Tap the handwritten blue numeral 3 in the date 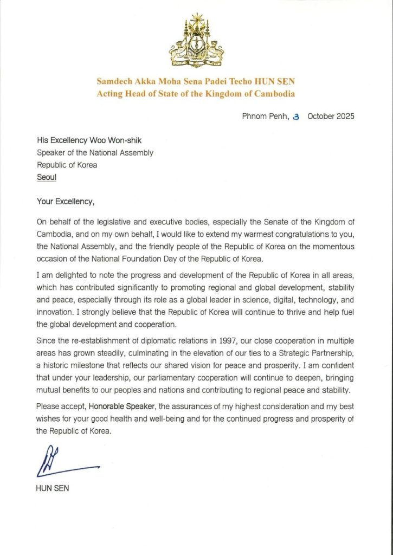295,117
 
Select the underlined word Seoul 47,177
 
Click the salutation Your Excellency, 66,201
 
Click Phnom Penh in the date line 264,117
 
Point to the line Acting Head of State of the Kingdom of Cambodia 196,94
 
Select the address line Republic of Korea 67,165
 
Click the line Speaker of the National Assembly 95,153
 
